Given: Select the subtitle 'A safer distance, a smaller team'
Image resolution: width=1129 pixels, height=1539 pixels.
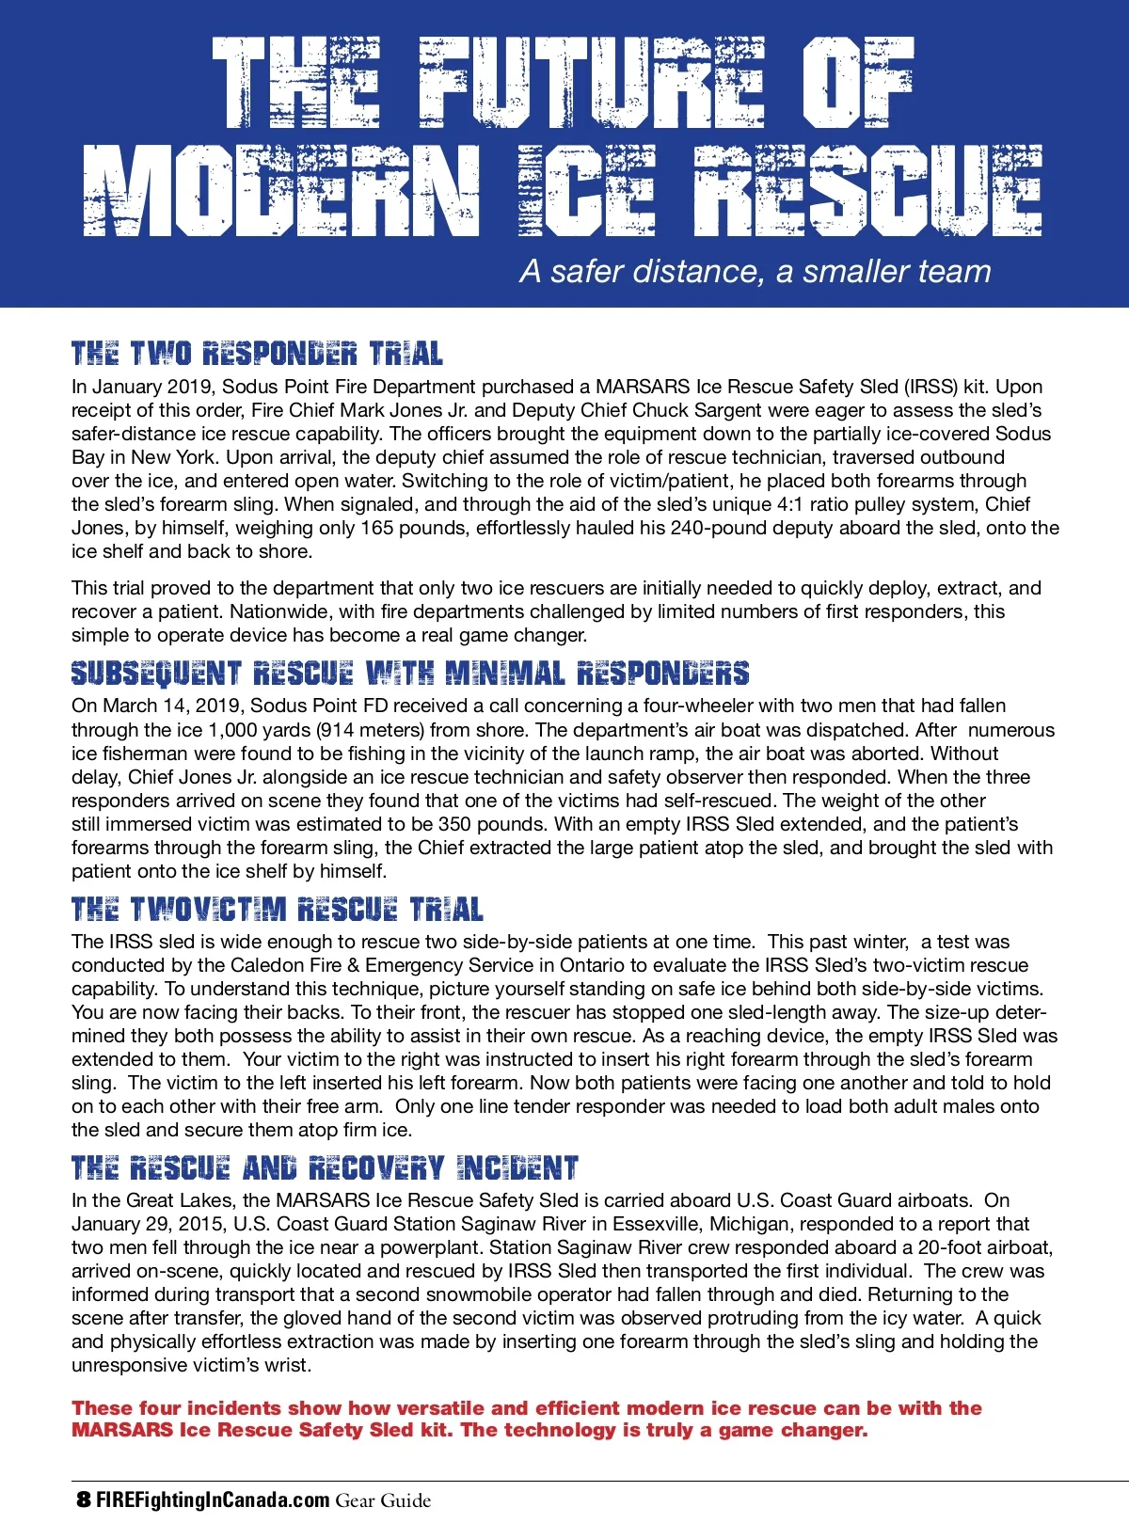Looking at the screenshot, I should tap(755, 271).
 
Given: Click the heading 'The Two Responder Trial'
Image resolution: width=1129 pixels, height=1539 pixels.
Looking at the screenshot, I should tap(257, 354).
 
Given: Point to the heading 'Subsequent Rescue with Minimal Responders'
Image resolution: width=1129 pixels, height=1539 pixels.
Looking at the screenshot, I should tap(410, 673).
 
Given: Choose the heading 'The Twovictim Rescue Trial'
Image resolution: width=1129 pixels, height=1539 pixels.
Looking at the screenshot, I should tap(278, 909).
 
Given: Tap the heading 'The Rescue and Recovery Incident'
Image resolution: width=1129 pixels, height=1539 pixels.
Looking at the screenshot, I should tap(325, 1167).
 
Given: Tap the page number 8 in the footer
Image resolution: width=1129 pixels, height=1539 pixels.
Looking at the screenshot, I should tap(84, 1499).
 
